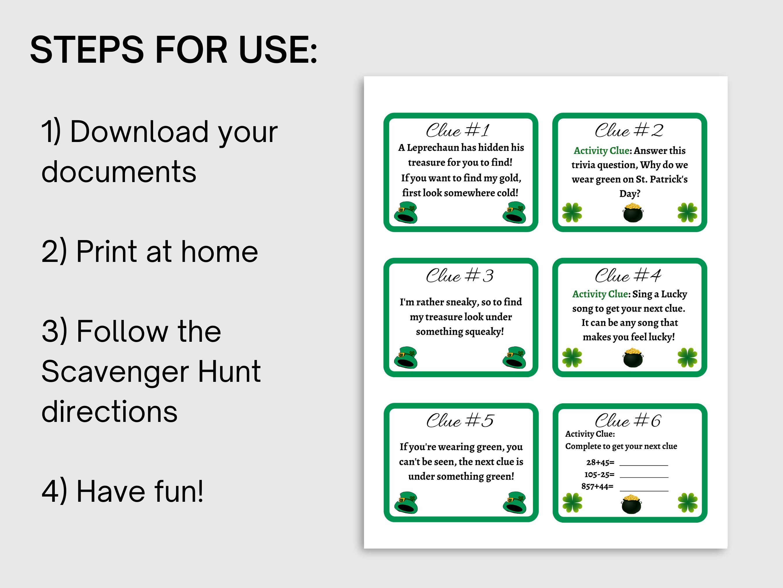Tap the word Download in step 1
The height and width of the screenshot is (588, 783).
click(139, 132)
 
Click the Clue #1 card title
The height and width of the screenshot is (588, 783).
click(458, 130)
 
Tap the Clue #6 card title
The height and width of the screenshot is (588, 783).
click(628, 421)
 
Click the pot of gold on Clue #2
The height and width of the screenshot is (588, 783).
click(632, 213)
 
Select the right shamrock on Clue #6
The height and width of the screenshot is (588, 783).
click(687, 503)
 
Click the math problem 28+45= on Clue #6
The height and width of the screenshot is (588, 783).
click(600, 463)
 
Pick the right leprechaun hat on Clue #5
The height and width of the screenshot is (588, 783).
click(514, 503)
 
